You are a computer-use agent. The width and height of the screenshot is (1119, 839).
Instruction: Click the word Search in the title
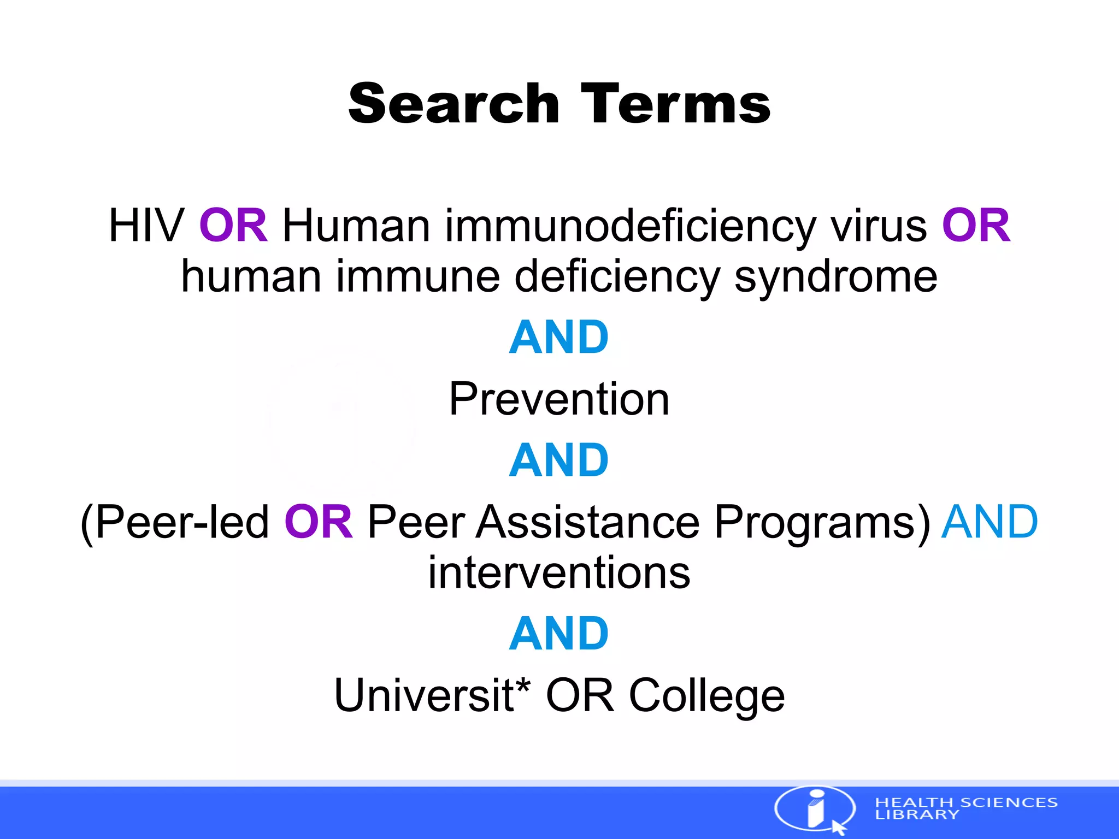(x=454, y=103)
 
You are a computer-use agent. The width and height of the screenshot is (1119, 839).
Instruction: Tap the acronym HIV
(x=146, y=226)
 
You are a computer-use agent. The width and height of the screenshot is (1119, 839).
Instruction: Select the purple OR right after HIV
(x=233, y=226)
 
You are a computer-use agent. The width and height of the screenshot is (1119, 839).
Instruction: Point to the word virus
(x=879, y=226)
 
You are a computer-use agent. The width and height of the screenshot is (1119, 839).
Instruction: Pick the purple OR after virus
(x=976, y=226)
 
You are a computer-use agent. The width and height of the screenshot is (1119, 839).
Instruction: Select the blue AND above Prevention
(x=558, y=338)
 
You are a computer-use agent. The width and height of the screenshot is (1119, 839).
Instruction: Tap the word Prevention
(x=559, y=399)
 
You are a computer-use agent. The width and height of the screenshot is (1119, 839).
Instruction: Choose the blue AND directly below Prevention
(x=558, y=460)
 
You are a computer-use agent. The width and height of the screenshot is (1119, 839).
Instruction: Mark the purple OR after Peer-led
(x=319, y=522)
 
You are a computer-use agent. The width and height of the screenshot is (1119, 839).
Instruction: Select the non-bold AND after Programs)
(x=989, y=522)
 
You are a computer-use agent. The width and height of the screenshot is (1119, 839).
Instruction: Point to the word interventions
(x=559, y=573)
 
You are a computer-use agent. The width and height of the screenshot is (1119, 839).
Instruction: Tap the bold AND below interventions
(x=558, y=634)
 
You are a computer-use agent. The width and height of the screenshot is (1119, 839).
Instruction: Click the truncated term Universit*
(x=432, y=695)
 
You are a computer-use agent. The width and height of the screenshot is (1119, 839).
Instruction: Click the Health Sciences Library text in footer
(x=965, y=808)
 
